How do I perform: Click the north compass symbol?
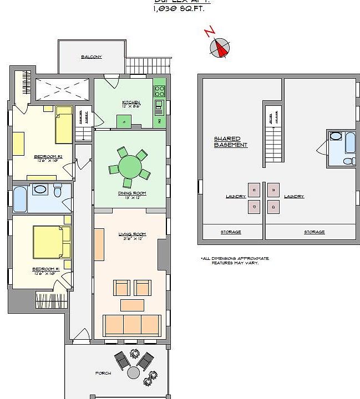coord(220,48)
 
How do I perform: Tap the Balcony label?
coord(91,57)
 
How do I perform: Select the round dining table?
coord(130,166)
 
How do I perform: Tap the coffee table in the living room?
coord(132,305)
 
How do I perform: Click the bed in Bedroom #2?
coord(64,126)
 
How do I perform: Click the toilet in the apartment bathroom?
coord(58,192)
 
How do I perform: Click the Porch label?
coord(103,374)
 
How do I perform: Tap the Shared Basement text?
coord(230,142)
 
